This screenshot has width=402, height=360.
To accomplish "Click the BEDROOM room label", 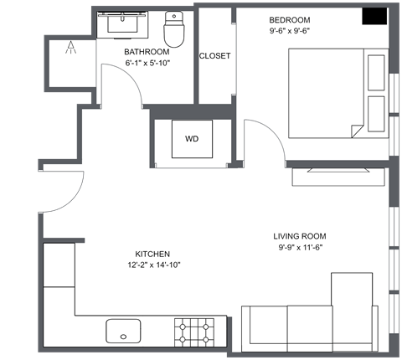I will tap(290, 20).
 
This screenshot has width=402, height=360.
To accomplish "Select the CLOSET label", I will tap(214, 57).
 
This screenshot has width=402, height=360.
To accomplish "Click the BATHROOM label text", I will tap(147, 50).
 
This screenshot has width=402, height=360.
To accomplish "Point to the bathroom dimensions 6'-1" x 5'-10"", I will tap(147, 63).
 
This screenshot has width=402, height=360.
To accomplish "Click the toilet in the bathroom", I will tap(173, 29).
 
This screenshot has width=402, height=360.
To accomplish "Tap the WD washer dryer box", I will tap(192, 139).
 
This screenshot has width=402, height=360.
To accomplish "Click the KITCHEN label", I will tap(152, 254).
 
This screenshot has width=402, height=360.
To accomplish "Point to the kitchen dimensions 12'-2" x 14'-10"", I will tap(152, 265).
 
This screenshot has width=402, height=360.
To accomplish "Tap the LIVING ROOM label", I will tap(299, 236).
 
